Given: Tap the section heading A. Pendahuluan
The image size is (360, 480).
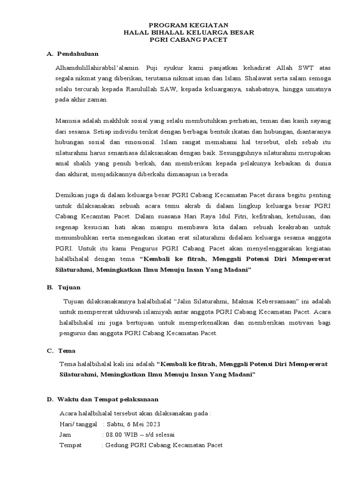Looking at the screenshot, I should coord(73,54).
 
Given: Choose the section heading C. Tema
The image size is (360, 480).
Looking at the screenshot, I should coord(61,351).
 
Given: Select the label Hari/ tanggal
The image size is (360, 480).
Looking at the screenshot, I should coord(78,424).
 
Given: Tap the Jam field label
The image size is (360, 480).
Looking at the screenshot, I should coord(65,435).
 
